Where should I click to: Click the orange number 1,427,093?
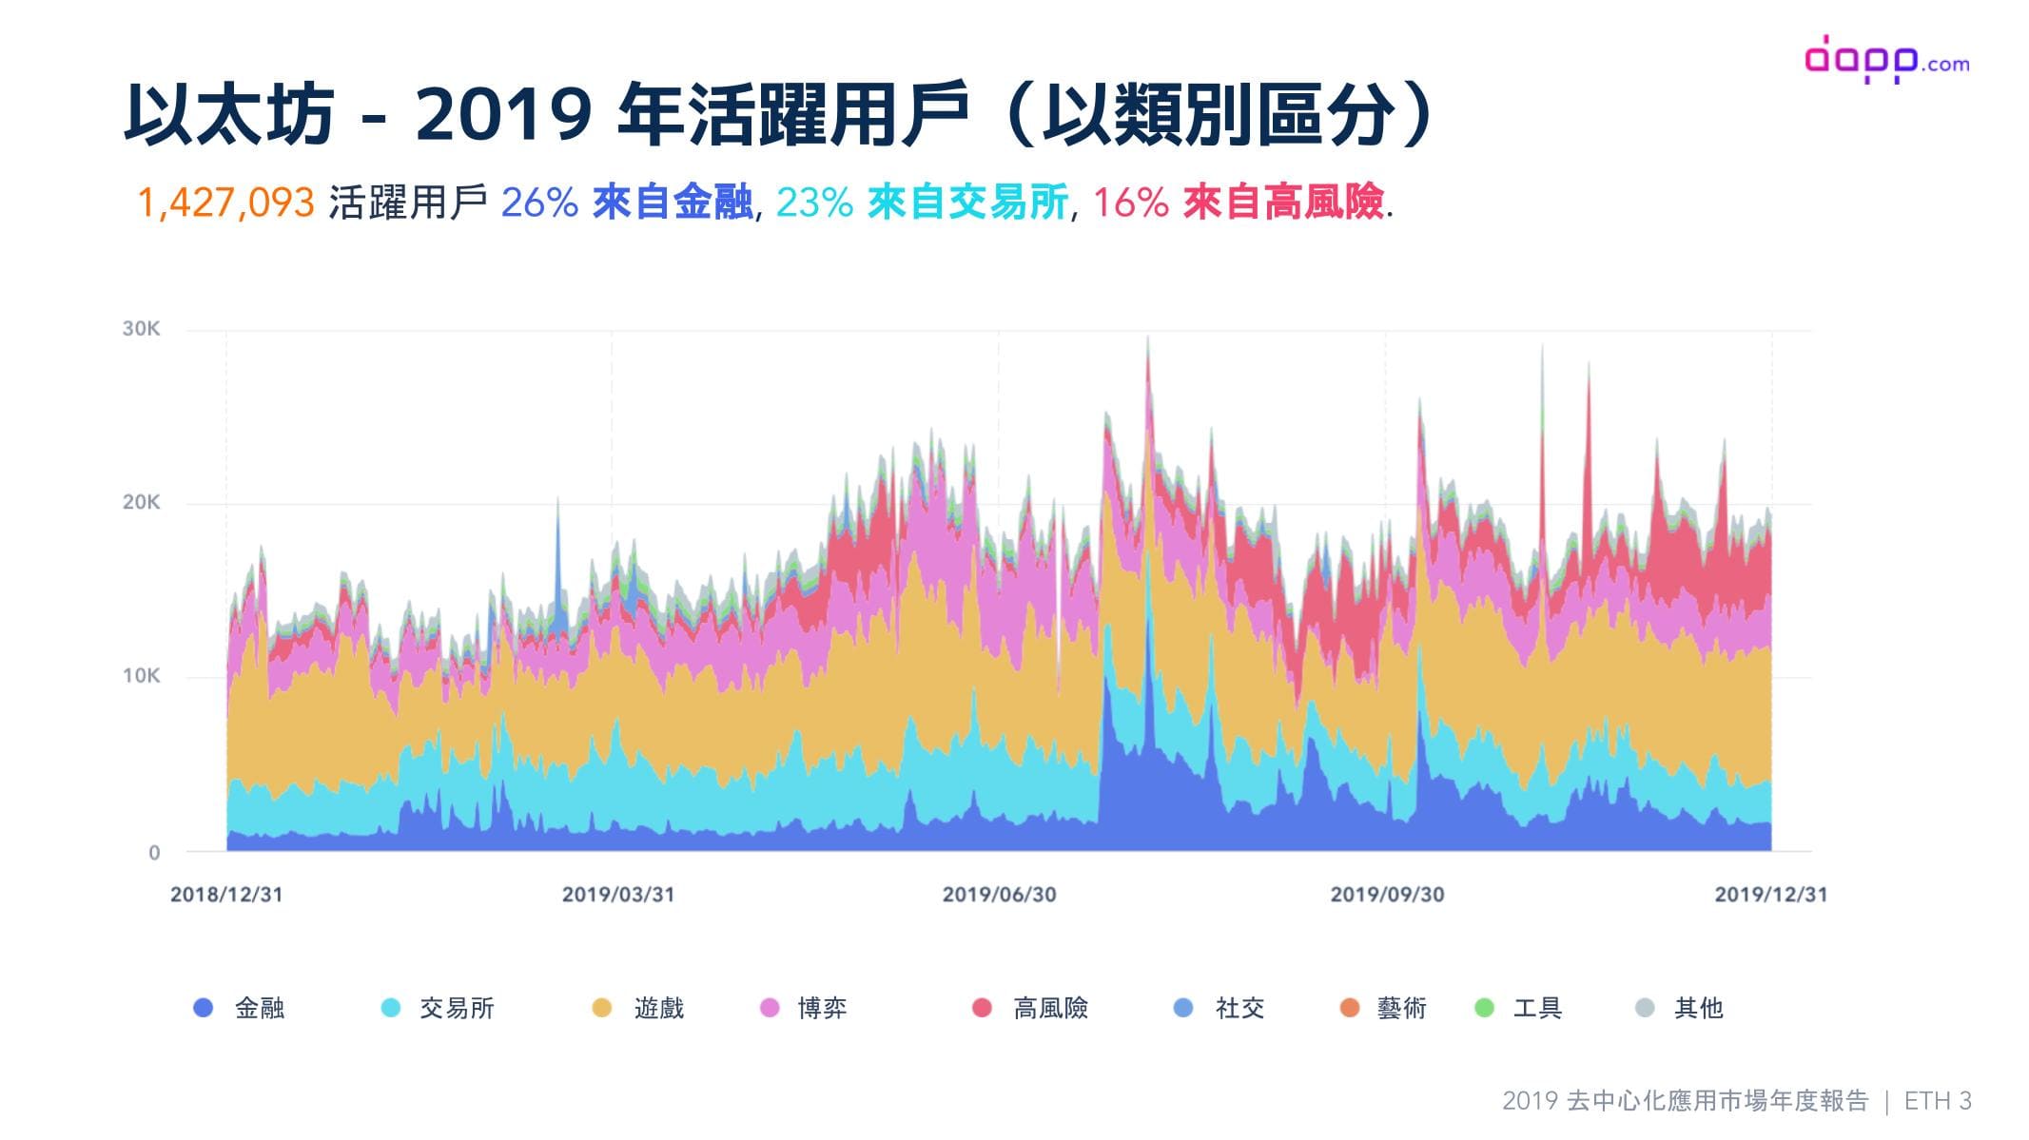click(x=225, y=203)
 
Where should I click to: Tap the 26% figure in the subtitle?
click(x=539, y=203)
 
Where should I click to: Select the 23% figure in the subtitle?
click(x=814, y=203)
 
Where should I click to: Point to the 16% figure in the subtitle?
click(x=1130, y=203)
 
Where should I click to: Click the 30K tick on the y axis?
click(x=141, y=329)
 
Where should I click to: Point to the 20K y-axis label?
click(x=141, y=503)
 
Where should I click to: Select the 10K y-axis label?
click(x=141, y=676)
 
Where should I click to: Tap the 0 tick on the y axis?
click(x=154, y=853)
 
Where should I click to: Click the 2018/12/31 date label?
click(x=226, y=895)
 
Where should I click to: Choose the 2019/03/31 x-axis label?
click(x=618, y=895)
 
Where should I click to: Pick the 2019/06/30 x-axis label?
click(x=999, y=895)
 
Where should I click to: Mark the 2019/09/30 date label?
click(x=1387, y=895)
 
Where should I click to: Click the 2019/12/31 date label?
click(x=1770, y=895)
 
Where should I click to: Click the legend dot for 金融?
click(x=203, y=1008)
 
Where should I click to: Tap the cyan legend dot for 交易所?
click(x=390, y=1008)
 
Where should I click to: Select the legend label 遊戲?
click(x=658, y=1008)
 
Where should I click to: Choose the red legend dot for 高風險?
click(x=982, y=1008)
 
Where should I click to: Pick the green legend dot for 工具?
click(x=1484, y=1008)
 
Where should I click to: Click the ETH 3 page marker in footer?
click(x=1938, y=1101)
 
